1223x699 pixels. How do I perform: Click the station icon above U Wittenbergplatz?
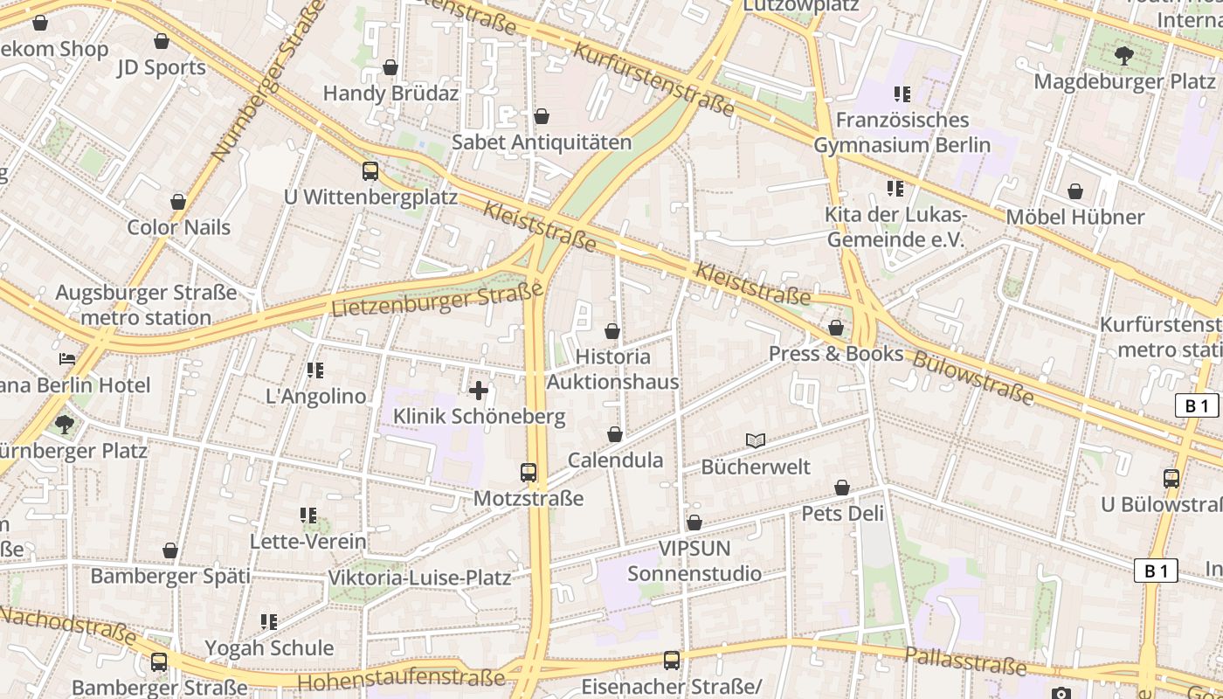pyautogui.click(x=370, y=171)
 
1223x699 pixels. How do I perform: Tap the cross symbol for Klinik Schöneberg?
pyautogui.click(x=479, y=391)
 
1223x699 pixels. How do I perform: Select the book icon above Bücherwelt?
pyautogui.click(x=756, y=441)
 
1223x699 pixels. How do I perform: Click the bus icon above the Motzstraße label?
pyautogui.click(x=529, y=473)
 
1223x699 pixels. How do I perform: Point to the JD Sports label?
pyautogui.click(x=162, y=67)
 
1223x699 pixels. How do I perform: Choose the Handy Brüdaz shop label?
pyautogui.click(x=390, y=93)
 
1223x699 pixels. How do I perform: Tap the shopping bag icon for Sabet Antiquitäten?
pyautogui.click(x=542, y=116)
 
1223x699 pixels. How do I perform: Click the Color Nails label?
pyautogui.click(x=179, y=227)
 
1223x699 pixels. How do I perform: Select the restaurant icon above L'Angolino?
pyautogui.click(x=315, y=370)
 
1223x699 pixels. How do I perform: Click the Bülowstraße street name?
pyautogui.click(x=972, y=378)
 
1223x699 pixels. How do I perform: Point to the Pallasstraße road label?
pyautogui.click(x=965, y=661)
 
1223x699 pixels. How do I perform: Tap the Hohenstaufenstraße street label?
pyautogui.click(x=401, y=679)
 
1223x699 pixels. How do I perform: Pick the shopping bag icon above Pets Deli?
pyautogui.click(x=842, y=488)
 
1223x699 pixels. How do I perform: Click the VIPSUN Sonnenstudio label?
pyautogui.click(x=694, y=561)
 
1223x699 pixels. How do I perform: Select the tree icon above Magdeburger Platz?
pyautogui.click(x=1123, y=56)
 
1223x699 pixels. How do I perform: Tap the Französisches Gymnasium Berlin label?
pyautogui.click(x=902, y=132)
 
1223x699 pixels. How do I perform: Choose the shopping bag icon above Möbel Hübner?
pyautogui.click(x=1075, y=191)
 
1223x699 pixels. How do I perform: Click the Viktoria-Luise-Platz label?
pyautogui.click(x=419, y=578)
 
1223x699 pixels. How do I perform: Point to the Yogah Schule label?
pyautogui.click(x=269, y=647)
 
